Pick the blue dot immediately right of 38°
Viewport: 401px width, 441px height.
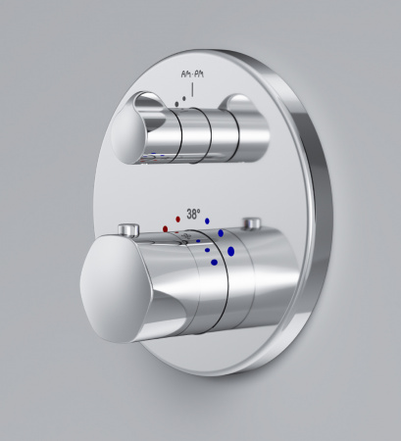pos(209,209)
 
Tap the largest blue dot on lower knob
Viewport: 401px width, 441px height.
pos(231,251)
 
